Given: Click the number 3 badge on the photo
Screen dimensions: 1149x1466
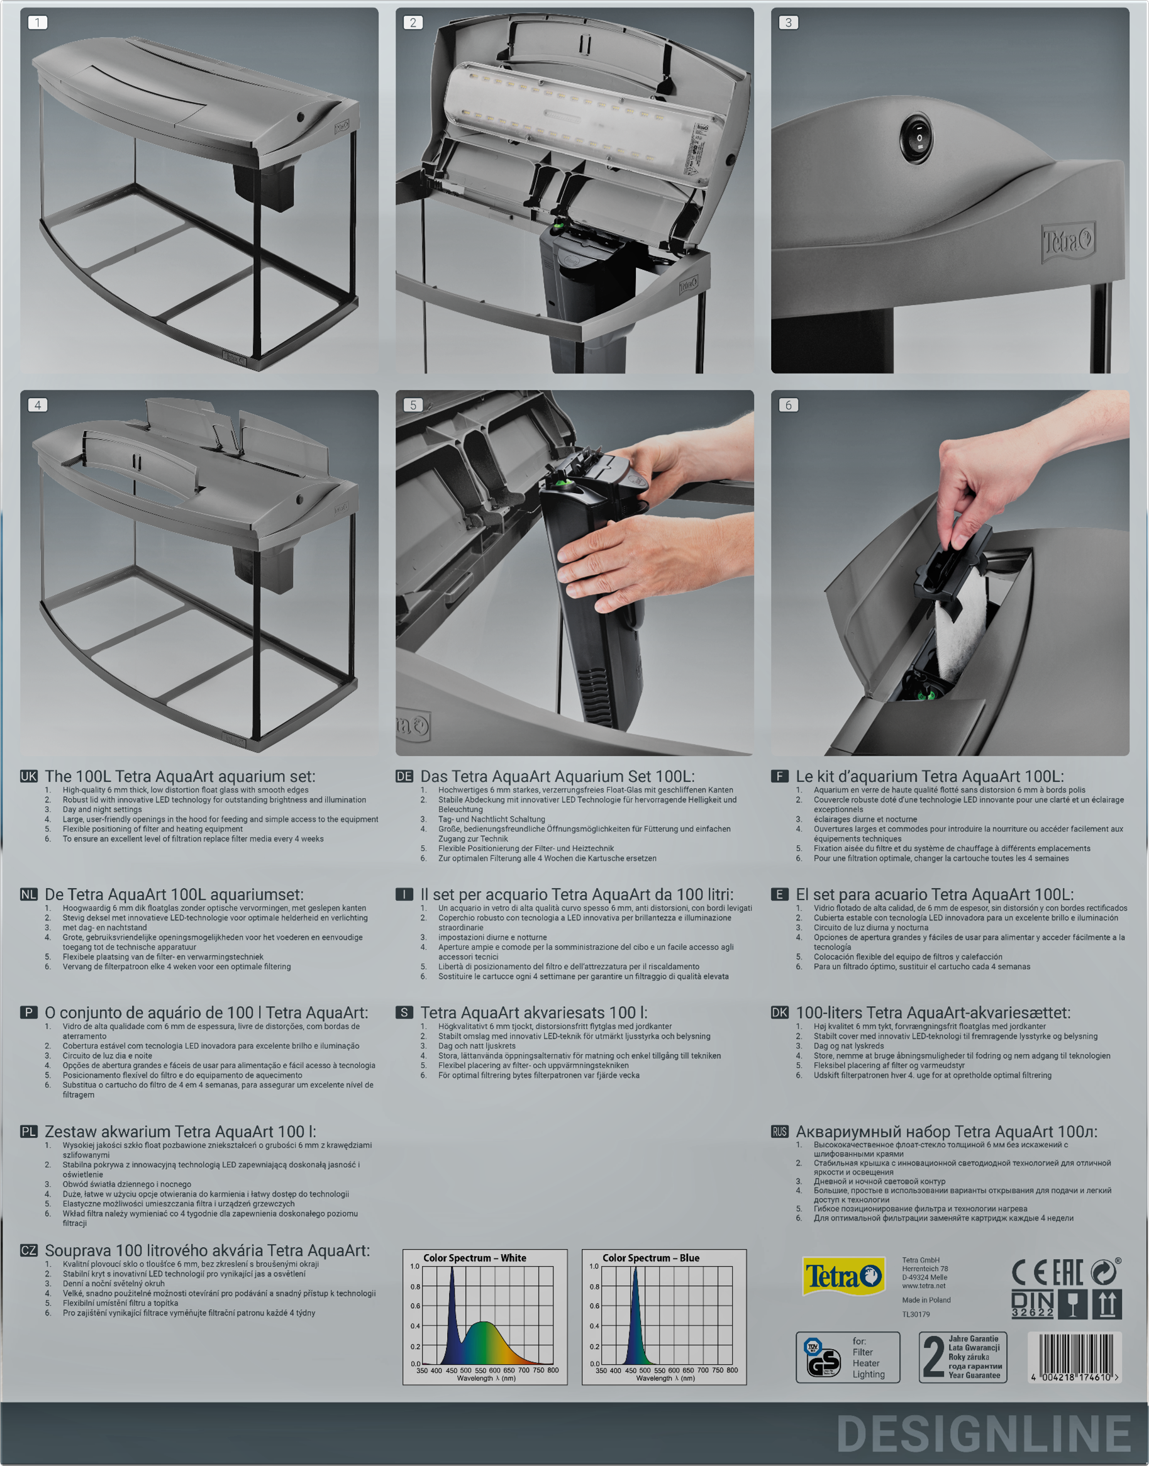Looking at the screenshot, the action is point(789,22).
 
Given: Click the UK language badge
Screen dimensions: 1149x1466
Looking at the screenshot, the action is point(29,775).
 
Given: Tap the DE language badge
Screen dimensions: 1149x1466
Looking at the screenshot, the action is point(404,775).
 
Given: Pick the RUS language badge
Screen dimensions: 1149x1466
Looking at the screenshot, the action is point(780,1131).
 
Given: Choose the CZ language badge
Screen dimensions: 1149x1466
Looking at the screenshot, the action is point(29,1250).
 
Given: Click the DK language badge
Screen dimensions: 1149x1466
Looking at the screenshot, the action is point(780,1013).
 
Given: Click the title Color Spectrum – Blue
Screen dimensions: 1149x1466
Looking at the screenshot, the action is point(650,1257).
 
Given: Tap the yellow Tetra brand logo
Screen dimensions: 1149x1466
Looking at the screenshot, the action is point(843,1275).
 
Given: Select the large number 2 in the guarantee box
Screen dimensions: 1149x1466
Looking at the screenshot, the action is point(933,1357).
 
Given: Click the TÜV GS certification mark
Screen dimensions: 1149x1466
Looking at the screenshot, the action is point(822,1358).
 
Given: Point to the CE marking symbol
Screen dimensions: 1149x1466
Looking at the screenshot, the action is point(1030,1272).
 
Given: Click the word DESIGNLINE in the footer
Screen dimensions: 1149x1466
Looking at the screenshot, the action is point(984,1434).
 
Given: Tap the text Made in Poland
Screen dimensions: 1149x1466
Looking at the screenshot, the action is point(926,1300).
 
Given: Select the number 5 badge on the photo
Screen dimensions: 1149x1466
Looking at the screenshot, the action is point(413,405).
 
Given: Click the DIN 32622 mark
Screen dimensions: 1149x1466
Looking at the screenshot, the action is point(1033,1303).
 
